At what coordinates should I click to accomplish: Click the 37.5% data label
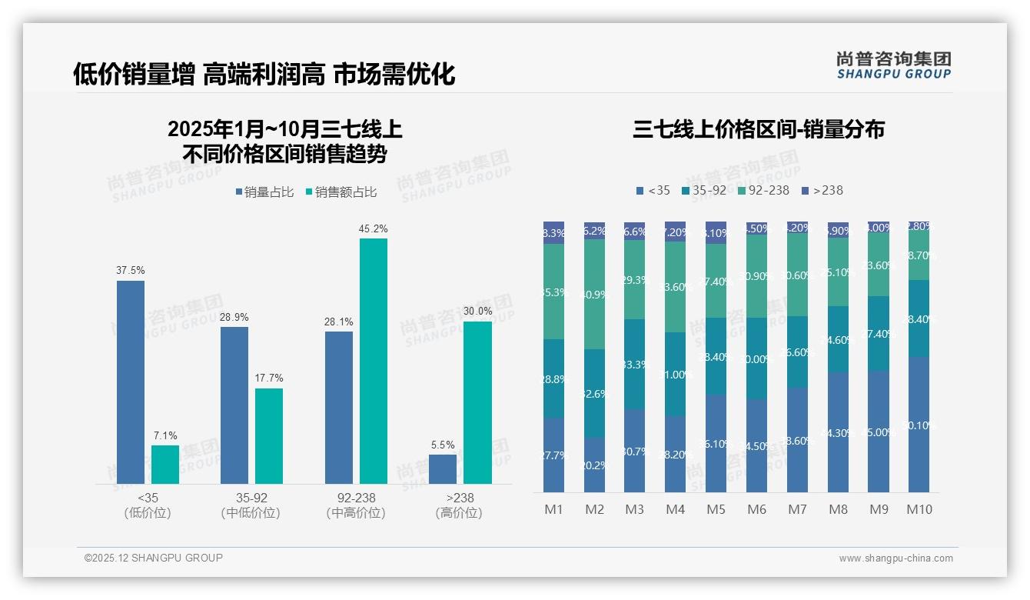(131, 271)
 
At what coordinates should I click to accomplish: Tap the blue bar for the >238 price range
(443, 469)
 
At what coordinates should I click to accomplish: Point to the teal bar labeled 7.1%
(164, 465)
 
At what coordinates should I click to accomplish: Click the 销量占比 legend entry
(264, 192)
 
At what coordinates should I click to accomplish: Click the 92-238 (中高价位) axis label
(356, 505)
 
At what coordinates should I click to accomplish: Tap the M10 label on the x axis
(919, 509)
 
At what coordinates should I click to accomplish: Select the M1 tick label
(553, 509)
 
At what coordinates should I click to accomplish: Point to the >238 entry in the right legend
(822, 190)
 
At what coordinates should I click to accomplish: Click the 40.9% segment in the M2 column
(594, 294)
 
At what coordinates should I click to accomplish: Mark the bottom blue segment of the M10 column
(919, 425)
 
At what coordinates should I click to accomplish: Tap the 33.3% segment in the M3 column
(634, 364)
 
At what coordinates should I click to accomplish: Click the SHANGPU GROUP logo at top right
(893, 65)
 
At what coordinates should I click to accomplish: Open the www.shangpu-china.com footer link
(895, 558)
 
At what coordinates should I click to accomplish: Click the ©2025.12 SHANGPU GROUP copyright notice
(154, 558)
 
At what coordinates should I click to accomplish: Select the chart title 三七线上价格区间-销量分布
(759, 129)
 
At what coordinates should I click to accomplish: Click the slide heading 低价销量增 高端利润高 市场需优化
(264, 74)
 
